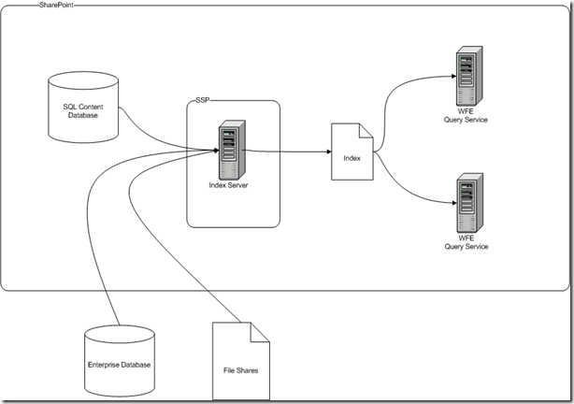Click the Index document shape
point(352,152)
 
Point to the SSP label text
point(203,100)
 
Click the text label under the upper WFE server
point(466,116)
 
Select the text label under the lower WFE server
point(466,243)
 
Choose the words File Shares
point(243,371)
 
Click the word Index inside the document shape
point(352,158)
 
